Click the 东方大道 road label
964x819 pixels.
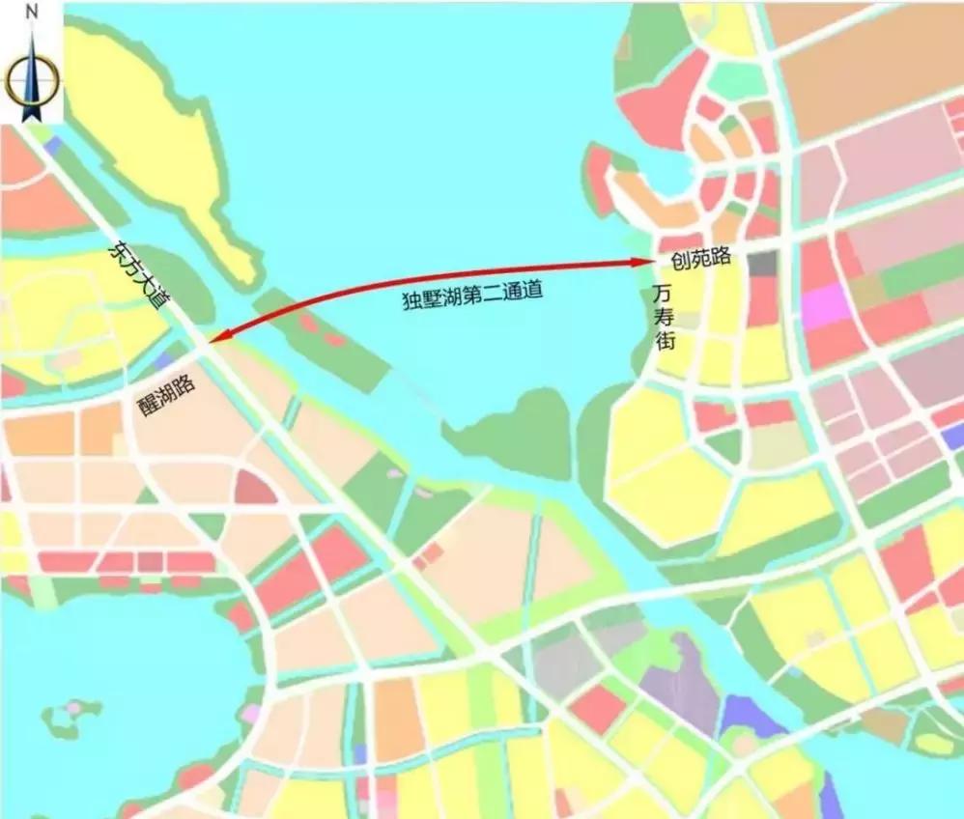[136, 274]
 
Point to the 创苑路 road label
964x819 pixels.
[699, 260]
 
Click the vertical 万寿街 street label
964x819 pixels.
[664, 317]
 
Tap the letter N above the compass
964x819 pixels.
[32, 13]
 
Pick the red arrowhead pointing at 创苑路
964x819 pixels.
[638, 261]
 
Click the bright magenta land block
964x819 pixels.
[824, 306]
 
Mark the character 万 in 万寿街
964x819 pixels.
[663, 292]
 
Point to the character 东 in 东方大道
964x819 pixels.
[115, 250]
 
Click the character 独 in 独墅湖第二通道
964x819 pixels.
[411, 300]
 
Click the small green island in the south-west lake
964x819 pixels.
[70, 716]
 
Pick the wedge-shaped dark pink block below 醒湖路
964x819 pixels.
[254, 488]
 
